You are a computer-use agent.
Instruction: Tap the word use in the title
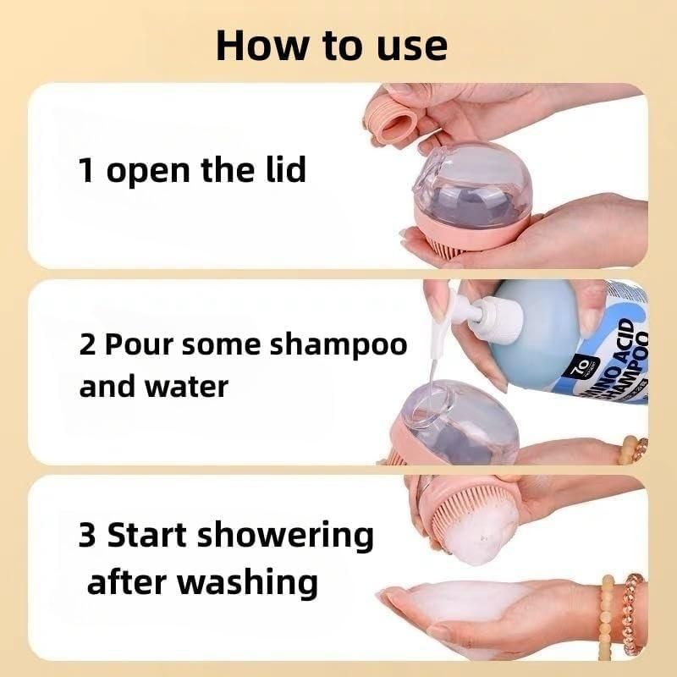point(409,46)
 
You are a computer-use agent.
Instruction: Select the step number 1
point(85,170)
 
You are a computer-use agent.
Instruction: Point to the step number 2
point(87,345)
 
